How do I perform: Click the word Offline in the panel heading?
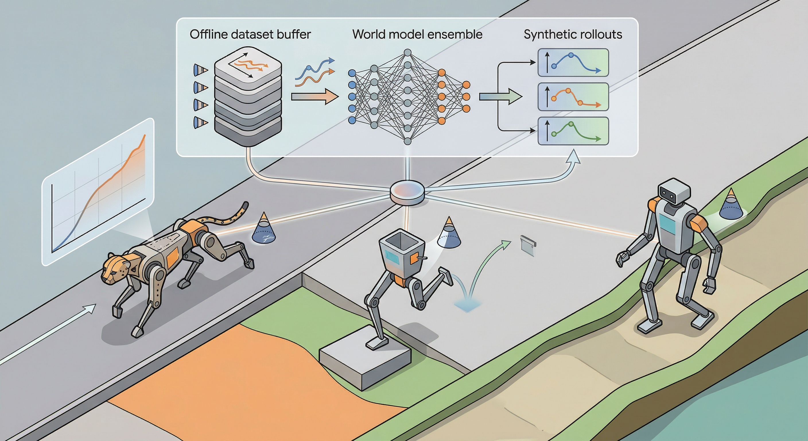click(208, 34)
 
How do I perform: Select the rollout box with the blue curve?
click(573, 63)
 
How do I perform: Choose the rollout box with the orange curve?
click(573, 97)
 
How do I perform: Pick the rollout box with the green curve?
click(573, 131)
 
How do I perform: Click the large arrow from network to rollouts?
click(500, 96)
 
